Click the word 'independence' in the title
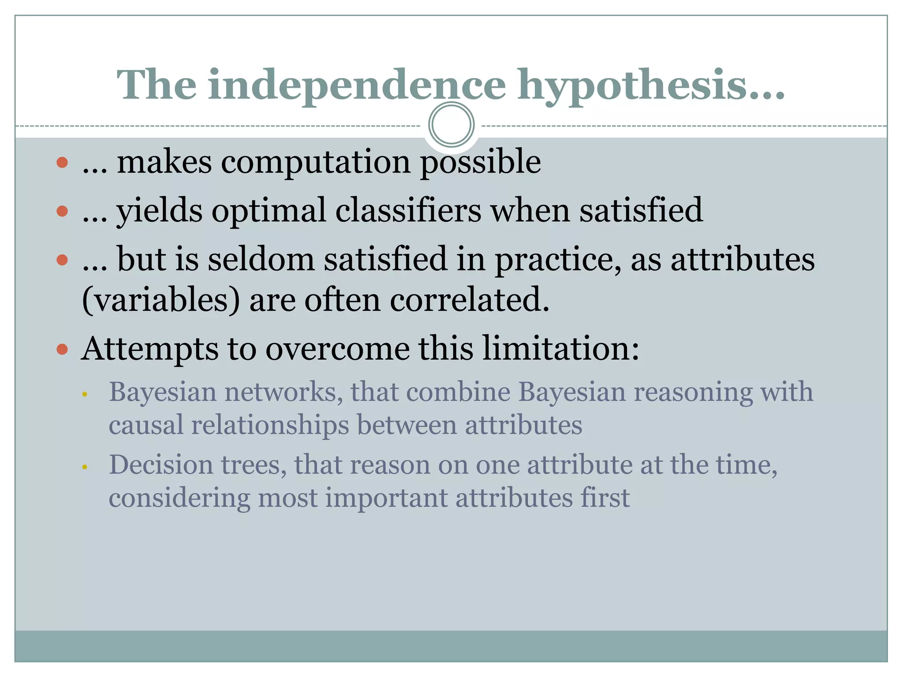tap(357, 85)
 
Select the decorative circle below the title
tap(451, 125)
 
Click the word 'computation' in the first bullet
tap(316, 163)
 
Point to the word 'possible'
tap(480, 163)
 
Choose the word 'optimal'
tap(269, 211)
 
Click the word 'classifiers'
tap(408, 211)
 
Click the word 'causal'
tap(146, 425)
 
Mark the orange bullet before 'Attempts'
tap(62, 350)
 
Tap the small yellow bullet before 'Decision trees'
tap(85, 466)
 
